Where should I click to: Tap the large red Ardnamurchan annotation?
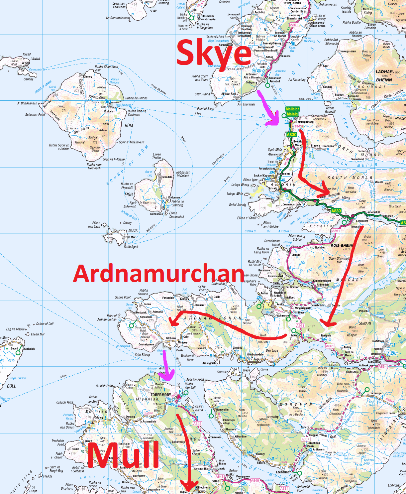coord(159,273)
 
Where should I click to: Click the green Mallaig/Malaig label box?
coord(292,112)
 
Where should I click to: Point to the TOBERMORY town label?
coord(161,395)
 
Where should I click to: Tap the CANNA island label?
coord(35,59)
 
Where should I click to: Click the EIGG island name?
coord(129,194)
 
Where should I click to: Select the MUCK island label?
coord(133,230)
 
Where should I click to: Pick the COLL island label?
coord(11,386)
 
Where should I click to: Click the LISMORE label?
coord(394,485)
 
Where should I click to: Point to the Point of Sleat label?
coord(206,109)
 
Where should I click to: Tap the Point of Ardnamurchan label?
coord(107,317)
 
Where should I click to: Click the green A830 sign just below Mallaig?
coord(291,135)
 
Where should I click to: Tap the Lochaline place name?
coord(283,472)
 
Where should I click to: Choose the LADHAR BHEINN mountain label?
coord(384,76)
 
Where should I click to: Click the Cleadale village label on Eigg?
coord(167,177)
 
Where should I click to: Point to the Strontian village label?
coord(376,354)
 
